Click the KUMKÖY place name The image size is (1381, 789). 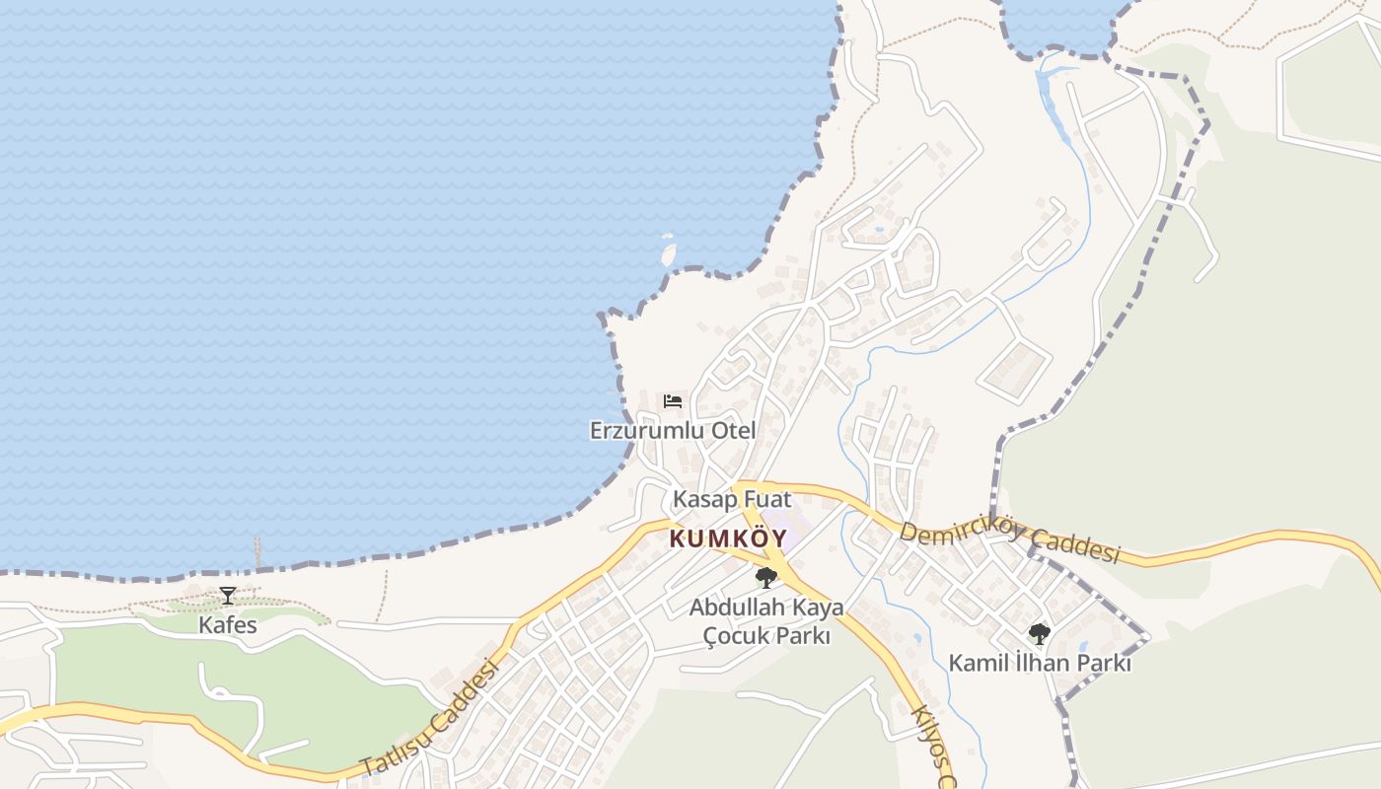pos(728,539)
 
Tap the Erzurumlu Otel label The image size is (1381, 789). pos(673,431)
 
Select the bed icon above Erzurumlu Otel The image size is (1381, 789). pos(673,400)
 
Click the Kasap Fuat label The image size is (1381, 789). pos(732,499)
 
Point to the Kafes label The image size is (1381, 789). pos(228,625)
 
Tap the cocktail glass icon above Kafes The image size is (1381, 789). pos(228,595)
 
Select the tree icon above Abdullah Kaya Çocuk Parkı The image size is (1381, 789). pos(765,578)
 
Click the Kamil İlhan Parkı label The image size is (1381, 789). pos(1040,664)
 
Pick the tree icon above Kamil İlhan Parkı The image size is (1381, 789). pos(1039,633)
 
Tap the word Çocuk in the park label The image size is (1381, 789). pos(731,636)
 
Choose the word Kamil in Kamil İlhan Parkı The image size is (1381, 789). pos(977,664)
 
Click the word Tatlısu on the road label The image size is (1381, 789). pos(399,743)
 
